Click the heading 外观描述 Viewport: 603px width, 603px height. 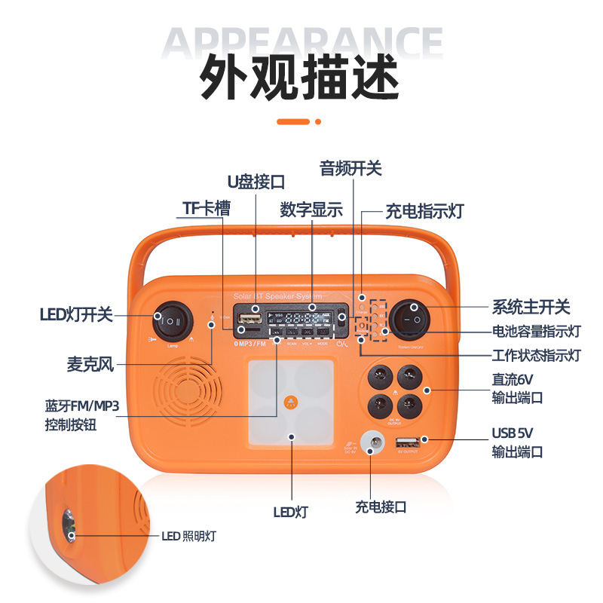tap(300, 78)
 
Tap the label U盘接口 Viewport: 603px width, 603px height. tap(256, 182)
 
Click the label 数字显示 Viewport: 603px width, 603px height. tap(311, 210)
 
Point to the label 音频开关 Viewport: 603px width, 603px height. tap(350, 168)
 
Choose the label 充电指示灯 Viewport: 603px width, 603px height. tap(424, 211)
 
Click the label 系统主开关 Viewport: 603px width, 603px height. tap(531, 307)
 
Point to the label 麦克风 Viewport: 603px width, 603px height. tap(89, 366)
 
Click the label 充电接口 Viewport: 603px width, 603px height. tap(381, 507)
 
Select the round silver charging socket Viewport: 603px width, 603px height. tap(371, 442)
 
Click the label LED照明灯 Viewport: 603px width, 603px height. tap(188, 537)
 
